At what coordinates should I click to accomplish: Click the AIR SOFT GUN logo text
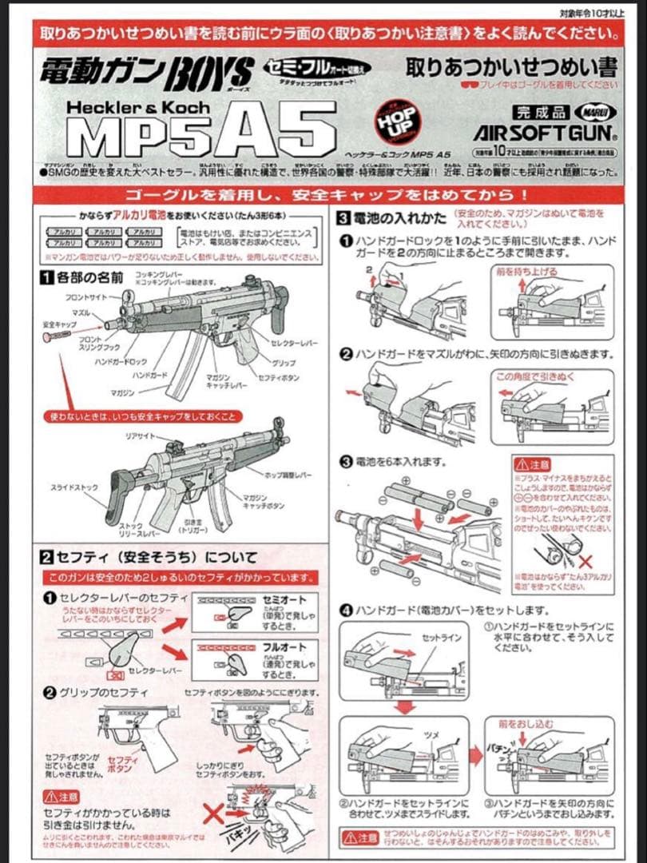545,131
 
